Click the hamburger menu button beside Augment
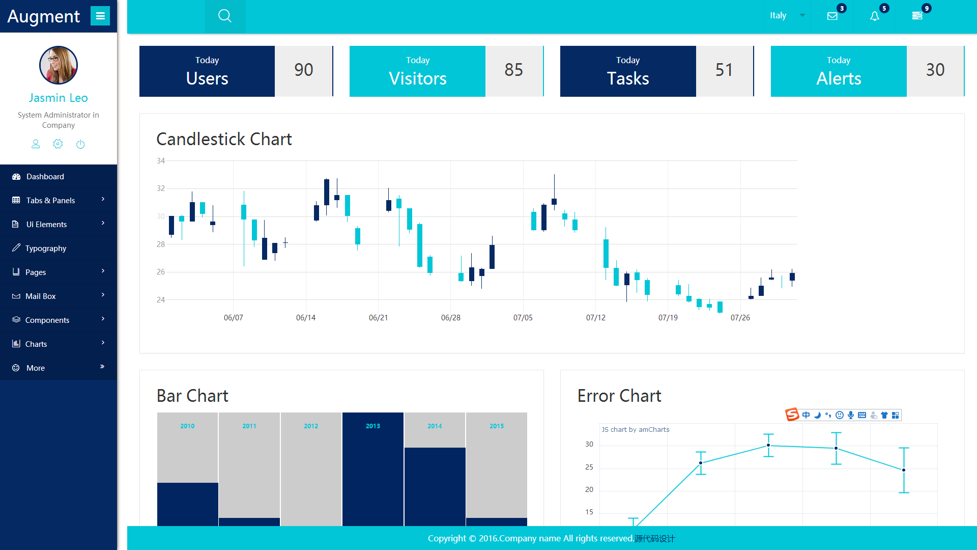pos(100,16)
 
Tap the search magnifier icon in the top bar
pos(225,16)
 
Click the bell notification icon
pos(874,16)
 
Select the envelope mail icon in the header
pos(832,16)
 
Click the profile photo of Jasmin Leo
pos(59,65)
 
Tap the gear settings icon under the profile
pos(58,144)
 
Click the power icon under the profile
pos(80,144)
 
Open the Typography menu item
pos(46,249)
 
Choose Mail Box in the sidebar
pos(41,296)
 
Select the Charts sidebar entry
pos(36,344)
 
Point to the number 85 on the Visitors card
pos(514,70)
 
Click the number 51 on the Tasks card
pos(724,70)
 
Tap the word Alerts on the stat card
pos(839,78)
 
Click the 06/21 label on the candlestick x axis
pos(378,318)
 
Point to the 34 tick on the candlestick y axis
pos(161,161)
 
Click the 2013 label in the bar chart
pos(373,426)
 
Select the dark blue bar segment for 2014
pos(435,487)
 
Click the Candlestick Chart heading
pos(224,139)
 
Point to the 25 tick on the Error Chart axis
pos(589,467)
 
